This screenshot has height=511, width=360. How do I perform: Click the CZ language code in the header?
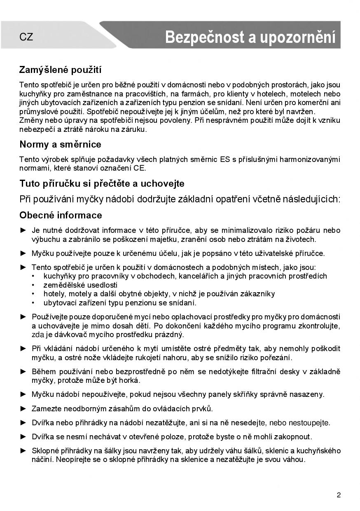point(26,37)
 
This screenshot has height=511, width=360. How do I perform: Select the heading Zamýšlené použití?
point(61,70)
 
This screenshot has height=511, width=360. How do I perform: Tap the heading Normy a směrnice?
point(61,145)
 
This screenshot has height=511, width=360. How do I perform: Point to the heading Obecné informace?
point(61,215)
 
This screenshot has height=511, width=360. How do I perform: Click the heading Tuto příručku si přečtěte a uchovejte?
point(102,183)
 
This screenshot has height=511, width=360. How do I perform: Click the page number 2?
point(339,495)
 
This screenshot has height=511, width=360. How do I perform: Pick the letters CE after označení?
point(139,168)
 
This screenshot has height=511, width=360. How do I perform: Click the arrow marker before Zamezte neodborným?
point(23,408)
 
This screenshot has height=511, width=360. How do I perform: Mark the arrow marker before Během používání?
point(23,371)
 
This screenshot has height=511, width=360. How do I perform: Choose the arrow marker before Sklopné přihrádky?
point(23,450)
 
